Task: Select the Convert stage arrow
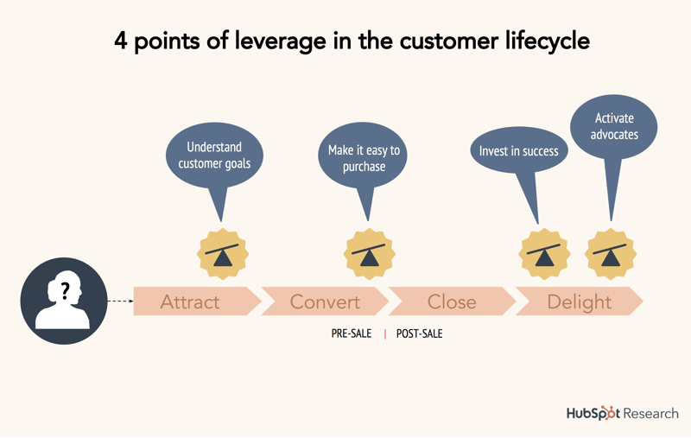coord(325,302)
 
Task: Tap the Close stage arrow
coord(452,302)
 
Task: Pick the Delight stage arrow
coord(579,302)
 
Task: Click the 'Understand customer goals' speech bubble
coord(214,156)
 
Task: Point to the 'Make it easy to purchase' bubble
coord(364,157)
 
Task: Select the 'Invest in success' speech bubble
coord(518,152)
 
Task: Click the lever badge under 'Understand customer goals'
coord(224,254)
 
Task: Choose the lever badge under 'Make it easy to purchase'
coord(370,254)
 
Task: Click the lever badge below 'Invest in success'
coord(542,254)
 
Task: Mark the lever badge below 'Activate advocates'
coord(612,254)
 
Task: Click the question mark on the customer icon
coord(64,291)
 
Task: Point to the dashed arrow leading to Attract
coord(119,302)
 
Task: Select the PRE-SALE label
coord(352,333)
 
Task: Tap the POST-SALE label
coord(419,333)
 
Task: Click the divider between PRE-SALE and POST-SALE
coord(385,333)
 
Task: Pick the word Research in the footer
coord(650,413)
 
